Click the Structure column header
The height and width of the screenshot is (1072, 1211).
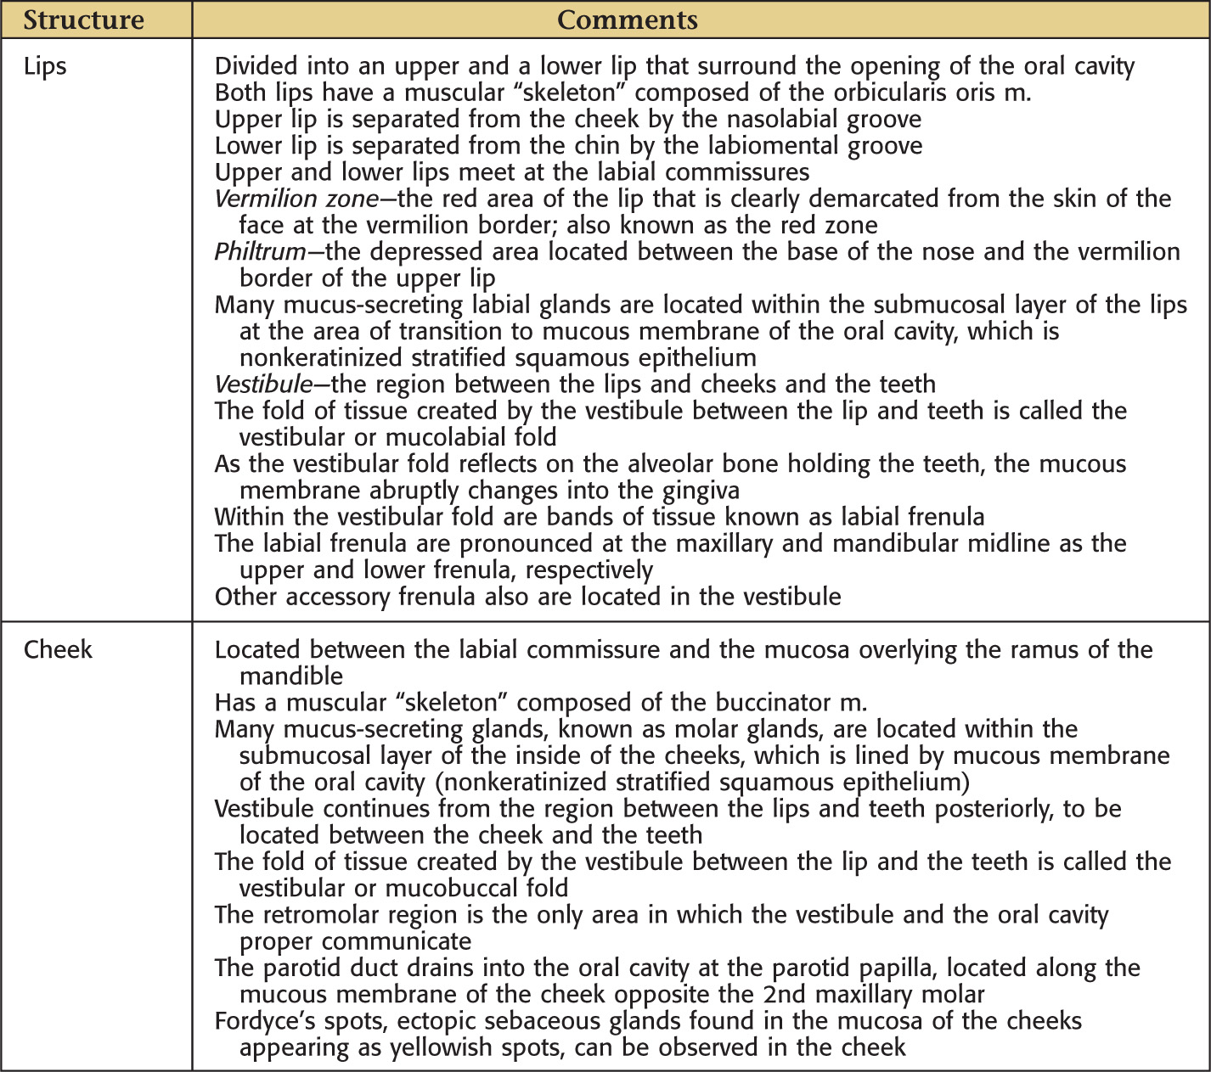click(x=83, y=20)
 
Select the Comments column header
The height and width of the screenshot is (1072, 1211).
click(x=627, y=20)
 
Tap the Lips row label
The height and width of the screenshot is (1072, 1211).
click(x=45, y=66)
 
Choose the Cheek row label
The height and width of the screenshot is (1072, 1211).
click(x=58, y=649)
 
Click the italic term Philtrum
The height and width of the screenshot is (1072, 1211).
click(x=260, y=252)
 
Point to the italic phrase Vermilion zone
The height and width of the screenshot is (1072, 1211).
click(x=296, y=199)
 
